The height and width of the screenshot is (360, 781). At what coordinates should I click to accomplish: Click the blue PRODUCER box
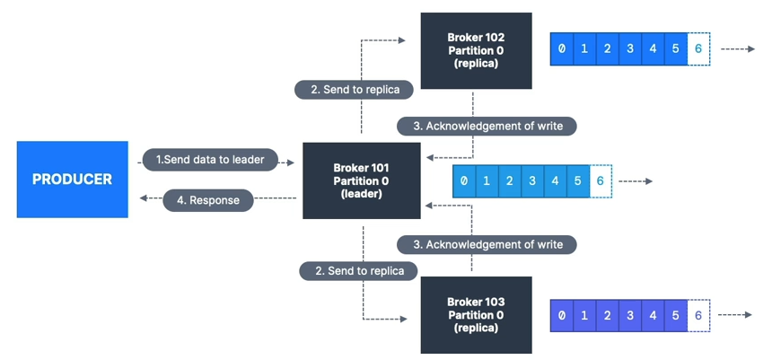coord(72,180)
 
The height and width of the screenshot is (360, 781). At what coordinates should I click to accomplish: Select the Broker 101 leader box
coord(361,180)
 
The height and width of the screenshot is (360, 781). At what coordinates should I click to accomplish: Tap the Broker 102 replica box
coord(476,50)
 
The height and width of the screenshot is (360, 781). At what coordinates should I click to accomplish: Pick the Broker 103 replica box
coord(476,314)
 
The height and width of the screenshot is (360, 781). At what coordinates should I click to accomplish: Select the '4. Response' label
coord(208,200)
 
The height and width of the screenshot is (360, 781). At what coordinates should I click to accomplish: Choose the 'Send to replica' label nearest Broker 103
coord(359,270)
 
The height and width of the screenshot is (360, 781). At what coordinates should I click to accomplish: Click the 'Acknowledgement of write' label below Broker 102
coord(487,126)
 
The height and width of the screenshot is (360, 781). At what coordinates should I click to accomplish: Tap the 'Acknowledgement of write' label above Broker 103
coord(487,244)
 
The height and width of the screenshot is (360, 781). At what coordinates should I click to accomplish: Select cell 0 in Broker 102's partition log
coord(562,48)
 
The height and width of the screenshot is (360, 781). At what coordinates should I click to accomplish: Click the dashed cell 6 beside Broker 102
coord(698,48)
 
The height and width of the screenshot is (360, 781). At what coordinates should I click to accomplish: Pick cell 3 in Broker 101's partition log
coord(532,181)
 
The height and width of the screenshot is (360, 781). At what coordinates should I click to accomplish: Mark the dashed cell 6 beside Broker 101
coord(601,181)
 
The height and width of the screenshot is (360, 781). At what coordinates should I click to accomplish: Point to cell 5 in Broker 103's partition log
coord(675,315)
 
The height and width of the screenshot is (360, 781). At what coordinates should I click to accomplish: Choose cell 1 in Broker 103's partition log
coord(584,315)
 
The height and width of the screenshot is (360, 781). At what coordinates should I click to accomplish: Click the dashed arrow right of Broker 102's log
coord(738,48)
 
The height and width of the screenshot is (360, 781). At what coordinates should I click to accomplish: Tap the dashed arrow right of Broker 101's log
coord(636,181)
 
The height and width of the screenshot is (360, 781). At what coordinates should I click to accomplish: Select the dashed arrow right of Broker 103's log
coord(736,315)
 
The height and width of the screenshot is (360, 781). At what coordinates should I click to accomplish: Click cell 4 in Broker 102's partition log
coord(653,48)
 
